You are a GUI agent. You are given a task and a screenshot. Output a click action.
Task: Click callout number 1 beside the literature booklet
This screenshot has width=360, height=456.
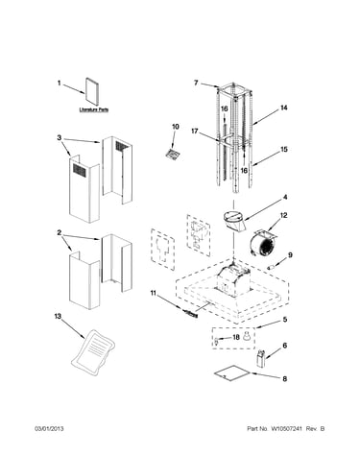point(59,84)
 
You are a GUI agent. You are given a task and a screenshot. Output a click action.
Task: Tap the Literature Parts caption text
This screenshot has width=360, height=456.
point(94,109)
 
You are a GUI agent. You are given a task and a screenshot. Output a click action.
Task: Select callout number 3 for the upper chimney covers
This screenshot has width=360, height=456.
point(60,138)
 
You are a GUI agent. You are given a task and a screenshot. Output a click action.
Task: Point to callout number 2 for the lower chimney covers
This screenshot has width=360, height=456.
point(60,233)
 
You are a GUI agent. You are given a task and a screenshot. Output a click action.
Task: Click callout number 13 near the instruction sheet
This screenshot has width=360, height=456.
point(58,317)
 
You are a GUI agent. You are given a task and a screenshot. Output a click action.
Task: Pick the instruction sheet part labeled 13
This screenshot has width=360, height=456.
point(93,351)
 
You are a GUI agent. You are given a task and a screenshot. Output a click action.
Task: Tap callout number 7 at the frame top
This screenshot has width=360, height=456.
point(196,83)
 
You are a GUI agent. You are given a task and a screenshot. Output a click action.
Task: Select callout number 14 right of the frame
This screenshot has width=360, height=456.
point(284,108)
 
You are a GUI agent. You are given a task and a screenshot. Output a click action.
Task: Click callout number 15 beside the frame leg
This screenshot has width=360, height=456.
point(284,149)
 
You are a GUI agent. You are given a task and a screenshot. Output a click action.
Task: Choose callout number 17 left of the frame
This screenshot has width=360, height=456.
point(195,132)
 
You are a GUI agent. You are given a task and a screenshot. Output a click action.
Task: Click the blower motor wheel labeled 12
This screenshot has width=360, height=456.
point(263,246)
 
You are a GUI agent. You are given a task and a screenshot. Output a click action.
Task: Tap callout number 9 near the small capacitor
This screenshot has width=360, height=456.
point(290,255)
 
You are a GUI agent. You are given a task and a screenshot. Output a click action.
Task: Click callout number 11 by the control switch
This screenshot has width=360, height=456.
point(154,293)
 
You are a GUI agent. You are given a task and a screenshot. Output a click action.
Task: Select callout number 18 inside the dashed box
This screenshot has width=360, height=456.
point(236,337)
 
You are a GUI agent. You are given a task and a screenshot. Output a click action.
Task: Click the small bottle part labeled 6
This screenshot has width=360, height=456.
point(261,358)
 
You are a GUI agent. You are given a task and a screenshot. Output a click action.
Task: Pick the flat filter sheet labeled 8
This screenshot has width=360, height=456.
point(232,373)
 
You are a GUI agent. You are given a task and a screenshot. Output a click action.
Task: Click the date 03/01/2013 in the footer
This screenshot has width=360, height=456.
point(49,428)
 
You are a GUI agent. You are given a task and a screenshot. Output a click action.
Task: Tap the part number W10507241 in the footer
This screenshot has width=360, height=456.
point(286,428)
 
